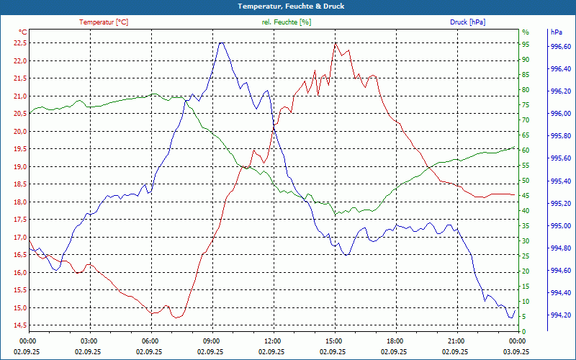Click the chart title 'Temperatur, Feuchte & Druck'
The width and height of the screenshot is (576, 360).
[x=287, y=6]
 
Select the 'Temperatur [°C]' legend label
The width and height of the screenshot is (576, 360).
[x=104, y=22]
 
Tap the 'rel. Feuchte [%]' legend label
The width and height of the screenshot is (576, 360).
[x=287, y=22]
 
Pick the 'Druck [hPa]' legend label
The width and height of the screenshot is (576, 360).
[x=467, y=22]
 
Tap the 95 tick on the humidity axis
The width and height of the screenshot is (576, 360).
[x=526, y=44]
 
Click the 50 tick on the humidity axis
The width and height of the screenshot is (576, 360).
[x=526, y=181]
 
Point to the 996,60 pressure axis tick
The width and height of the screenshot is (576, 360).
[x=560, y=47]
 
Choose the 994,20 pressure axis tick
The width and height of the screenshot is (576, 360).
[x=560, y=315]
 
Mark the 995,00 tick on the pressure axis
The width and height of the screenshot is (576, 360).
[x=560, y=226]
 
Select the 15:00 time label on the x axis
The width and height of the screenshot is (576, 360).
[x=334, y=341]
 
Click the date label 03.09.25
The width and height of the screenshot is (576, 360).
[x=518, y=351]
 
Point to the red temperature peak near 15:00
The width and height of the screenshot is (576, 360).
[x=335, y=43]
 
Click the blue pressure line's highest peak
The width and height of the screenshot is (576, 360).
[x=221, y=43]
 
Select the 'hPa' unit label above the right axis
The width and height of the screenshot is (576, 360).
[x=557, y=32]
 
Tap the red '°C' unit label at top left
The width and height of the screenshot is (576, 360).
[x=22, y=32]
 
